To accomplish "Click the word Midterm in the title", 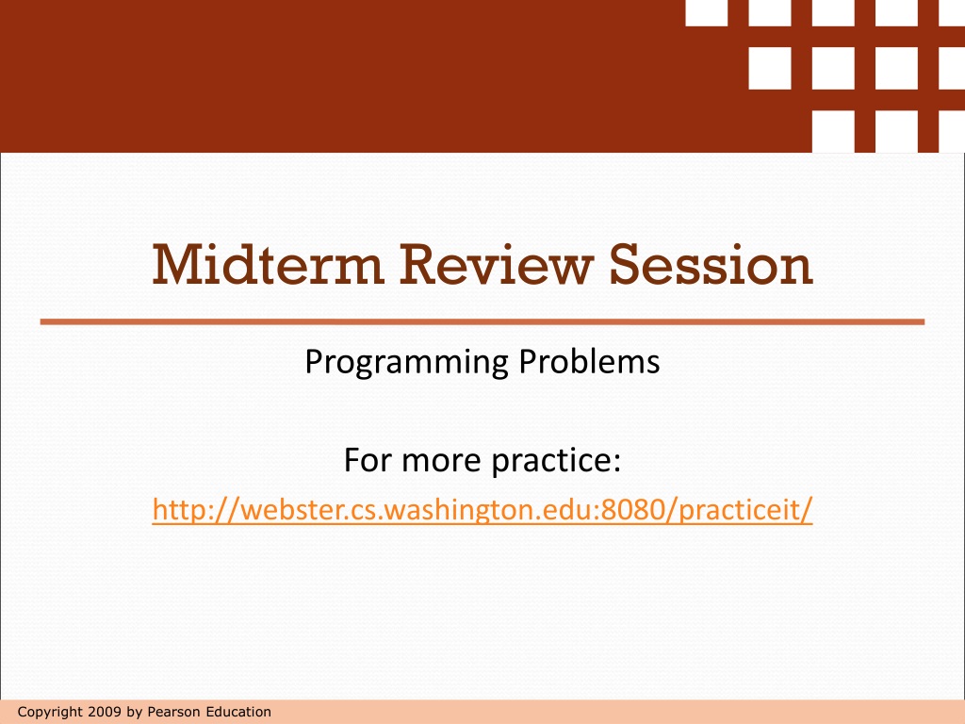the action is (x=269, y=264).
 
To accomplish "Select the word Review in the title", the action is (x=497, y=264).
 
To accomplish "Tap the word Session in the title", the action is (x=711, y=264).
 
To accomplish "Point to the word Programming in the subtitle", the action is (x=407, y=362).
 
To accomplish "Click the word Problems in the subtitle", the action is (x=589, y=361).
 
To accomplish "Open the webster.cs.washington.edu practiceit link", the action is (x=482, y=510).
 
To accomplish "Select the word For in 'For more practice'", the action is (x=368, y=460).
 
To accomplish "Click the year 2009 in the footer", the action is (x=104, y=712).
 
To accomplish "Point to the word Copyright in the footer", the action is (x=50, y=713).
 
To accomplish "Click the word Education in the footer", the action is (x=238, y=712).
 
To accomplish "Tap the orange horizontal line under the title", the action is (x=482, y=321).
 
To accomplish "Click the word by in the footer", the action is (x=134, y=713).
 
